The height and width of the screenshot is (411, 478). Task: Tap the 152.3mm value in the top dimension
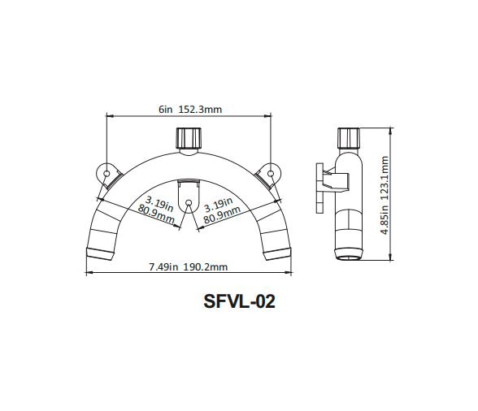pyautogui.click(x=201, y=110)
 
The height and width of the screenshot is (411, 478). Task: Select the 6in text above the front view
pyautogui.click(x=166, y=110)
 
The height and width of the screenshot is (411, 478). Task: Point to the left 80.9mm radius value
pyautogui.click(x=157, y=214)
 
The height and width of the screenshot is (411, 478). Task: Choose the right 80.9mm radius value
pyautogui.click(x=222, y=214)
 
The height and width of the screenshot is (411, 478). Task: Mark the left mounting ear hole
pyautogui.click(x=106, y=173)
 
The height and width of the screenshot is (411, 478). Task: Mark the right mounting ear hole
pyautogui.click(x=268, y=173)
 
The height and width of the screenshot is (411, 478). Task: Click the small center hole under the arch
pyautogui.click(x=188, y=203)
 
